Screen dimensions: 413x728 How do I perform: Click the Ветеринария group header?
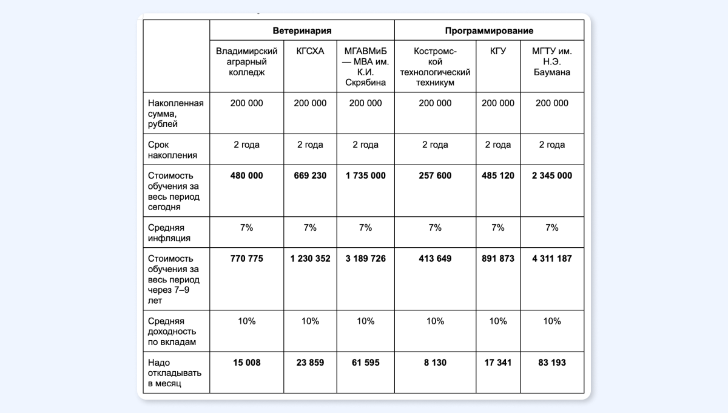(x=302, y=30)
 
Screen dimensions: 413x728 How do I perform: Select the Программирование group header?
(x=489, y=30)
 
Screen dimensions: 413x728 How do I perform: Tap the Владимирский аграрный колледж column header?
(x=247, y=61)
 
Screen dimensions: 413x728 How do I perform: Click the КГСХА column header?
(x=310, y=51)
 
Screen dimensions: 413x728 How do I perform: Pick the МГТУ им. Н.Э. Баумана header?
(x=552, y=61)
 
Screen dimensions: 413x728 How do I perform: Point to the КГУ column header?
(x=497, y=51)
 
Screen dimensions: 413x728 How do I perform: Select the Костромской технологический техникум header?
(x=435, y=66)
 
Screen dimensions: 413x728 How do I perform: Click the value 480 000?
(x=247, y=176)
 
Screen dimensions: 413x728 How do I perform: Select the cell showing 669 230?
(x=310, y=176)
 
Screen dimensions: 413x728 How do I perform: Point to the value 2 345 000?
(x=552, y=176)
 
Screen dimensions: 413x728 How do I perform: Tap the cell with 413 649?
(x=435, y=258)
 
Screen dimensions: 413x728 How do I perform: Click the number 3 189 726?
(x=365, y=258)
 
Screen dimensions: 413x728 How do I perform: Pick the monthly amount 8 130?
(x=435, y=363)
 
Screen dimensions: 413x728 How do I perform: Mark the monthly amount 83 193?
(x=552, y=363)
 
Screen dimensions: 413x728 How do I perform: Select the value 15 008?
(x=247, y=363)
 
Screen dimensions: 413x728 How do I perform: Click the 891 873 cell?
(x=497, y=258)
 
